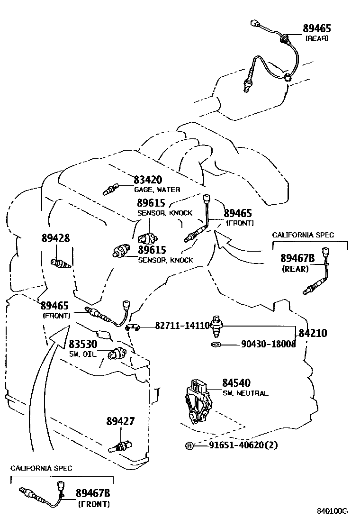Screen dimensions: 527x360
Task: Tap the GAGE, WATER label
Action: [157, 190]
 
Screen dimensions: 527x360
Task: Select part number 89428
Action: [55, 238]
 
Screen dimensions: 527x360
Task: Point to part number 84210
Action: [312, 333]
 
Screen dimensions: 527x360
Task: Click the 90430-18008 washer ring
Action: [216, 345]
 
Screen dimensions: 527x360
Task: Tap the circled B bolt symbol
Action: [189, 446]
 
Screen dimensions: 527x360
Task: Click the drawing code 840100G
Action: [333, 511]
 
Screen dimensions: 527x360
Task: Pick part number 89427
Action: [120, 421]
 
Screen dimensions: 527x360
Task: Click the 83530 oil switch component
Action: [117, 354]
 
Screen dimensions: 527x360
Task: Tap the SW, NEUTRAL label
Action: [245, 393]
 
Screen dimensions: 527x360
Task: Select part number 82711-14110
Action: [182, 326]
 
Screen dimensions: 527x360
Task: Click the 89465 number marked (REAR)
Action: [317, 28]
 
